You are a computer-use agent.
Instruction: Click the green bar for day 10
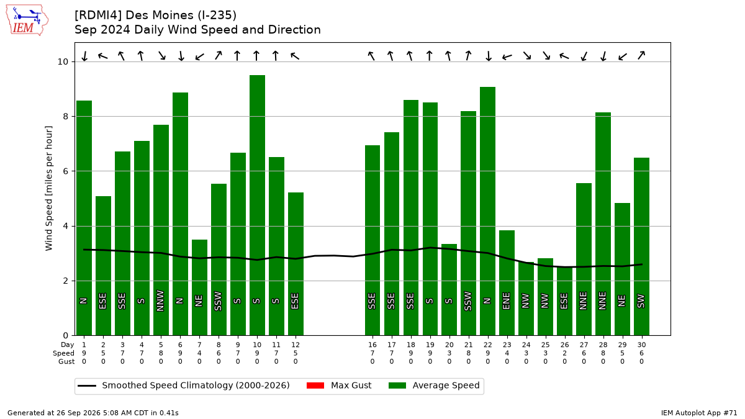pos(257,205)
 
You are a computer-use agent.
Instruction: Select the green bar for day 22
pos(487,211)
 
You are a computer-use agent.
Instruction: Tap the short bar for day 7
pos(199,287)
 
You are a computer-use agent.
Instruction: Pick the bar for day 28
pos(603,224)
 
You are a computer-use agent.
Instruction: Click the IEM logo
pos(27,20)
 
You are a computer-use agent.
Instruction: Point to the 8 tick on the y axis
pos(65,117)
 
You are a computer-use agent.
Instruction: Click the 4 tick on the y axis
pos(65,226)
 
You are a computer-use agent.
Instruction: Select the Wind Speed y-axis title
pos(48,188)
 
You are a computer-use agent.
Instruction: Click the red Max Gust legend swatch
pos(315,385)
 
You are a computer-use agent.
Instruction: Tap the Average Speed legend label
pos(446,385)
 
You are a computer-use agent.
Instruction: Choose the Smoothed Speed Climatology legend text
pos(196,385)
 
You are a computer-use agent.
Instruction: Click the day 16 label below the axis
pos(372,345)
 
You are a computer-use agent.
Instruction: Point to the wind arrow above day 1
pos(84,56)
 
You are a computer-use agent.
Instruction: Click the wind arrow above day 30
pos(641,55)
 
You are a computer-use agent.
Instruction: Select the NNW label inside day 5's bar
pos(160,301)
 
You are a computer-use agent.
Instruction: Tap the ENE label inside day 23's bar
pos(506,301)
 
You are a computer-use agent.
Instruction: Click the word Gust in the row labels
pos(66,361)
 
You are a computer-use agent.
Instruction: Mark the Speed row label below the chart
pos(63,353)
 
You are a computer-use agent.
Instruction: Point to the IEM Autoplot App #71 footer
pos(699,413)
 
